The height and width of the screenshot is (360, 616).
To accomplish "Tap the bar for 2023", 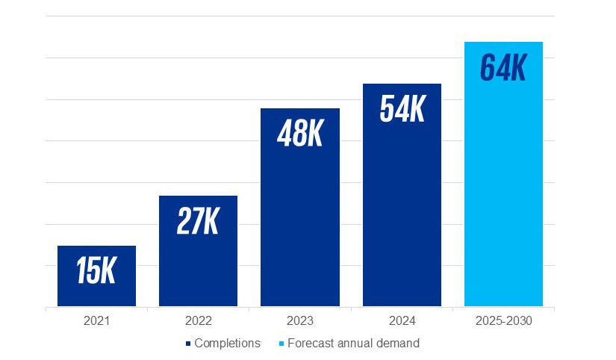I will click(x=299, y=224).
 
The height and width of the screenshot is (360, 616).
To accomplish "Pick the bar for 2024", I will click(x=402, y=217).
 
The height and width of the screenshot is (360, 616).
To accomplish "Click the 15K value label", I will click(x=96, y=271).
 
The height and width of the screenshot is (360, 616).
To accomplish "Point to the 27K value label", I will click(x=198, y=221).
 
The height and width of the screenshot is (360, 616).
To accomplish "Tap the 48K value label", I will click(x=299, y=134).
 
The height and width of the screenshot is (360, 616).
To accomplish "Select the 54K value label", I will click(x=402, y=109).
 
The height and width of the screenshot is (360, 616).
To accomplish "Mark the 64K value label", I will click(x=503, y=67).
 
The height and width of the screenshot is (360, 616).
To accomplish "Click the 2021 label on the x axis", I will click(x=96, y=321).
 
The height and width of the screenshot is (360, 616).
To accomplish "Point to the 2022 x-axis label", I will click(x=198, y=321).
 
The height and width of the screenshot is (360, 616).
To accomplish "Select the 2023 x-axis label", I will click(x=299, y=321).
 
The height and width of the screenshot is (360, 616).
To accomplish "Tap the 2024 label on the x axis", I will click(x=402, y=321).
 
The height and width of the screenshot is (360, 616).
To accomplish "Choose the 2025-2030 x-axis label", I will click(x=503, y=321).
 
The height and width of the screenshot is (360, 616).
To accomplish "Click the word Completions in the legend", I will click(x=227, y=344).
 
